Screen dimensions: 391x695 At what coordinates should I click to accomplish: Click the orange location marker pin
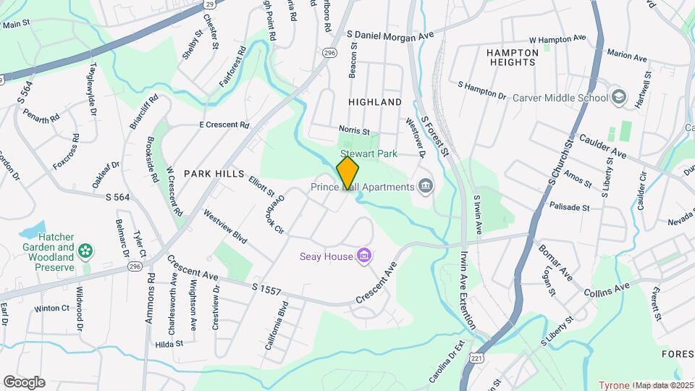pos(348,173)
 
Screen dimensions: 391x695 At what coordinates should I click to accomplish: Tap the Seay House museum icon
pos(364,256)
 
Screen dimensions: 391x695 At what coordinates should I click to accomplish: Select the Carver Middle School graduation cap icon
pos(618,97)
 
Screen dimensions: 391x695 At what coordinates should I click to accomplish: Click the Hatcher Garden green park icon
pos(86,251)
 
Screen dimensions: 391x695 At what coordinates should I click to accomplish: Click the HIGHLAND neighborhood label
pos(374,102)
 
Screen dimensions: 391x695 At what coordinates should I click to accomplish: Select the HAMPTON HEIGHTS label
pos(513,57)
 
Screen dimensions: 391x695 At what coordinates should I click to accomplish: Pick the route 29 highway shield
pos(209,4)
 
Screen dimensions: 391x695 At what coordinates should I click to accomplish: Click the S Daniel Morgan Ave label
pos(389,34)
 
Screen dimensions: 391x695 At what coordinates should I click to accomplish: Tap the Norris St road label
pos(354,132)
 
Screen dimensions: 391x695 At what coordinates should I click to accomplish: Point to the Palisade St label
pos(570,207)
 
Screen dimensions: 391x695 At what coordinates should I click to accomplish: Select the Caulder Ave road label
pos(602,145)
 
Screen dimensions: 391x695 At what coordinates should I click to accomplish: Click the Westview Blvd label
pos(225,226)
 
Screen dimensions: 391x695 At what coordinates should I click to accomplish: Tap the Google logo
pos(24,382)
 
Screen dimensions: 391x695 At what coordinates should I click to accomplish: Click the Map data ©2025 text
pos(665,385)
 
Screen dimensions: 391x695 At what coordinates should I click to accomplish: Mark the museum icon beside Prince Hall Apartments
pos(426,187)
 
